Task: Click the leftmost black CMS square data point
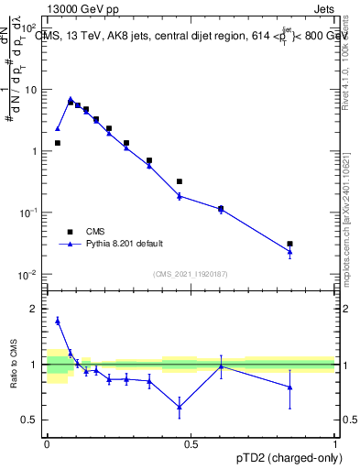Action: [58, 143]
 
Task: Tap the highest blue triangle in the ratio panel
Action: [58, 321]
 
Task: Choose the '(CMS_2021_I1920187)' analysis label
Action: [191, 274]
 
